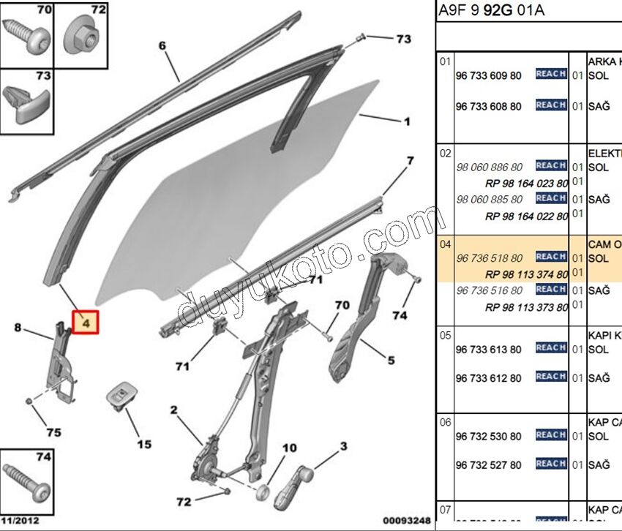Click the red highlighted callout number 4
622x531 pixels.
(85, 321)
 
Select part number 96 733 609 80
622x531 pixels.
(488, 76)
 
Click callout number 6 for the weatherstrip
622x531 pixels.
(162, 46)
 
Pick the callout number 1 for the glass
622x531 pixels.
(407, 121)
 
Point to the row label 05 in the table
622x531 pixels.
(445, 336)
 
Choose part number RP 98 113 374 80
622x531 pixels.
(526, 274)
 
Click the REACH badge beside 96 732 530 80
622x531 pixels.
(550, 435)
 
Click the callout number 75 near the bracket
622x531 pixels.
(53, 432)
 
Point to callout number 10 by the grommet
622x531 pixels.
(289, 448)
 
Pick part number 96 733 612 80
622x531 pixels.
(488, 378)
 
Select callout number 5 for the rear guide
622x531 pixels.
(391, 360)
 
